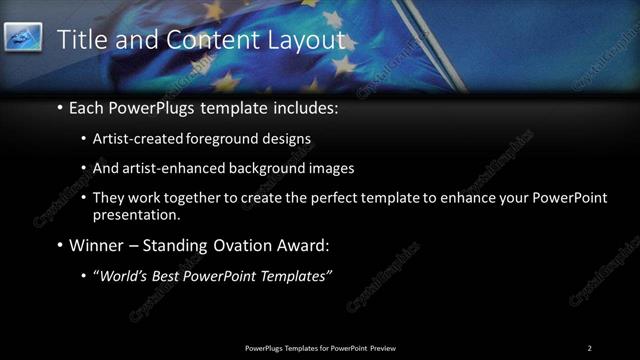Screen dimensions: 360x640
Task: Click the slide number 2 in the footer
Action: tap(590, 348)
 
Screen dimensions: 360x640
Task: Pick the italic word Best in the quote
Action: tap(170, 275)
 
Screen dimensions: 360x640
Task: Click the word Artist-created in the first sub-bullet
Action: tap(133, 139)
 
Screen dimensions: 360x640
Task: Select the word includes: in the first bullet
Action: tap(306, 107)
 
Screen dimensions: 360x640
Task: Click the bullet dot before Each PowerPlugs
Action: tap(60, 107)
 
